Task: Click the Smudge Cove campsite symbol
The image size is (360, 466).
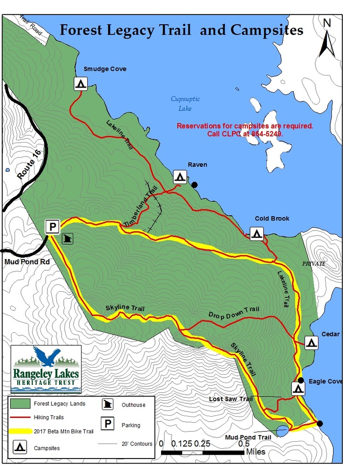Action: click(x=81, y=84)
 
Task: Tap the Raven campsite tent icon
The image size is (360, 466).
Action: click(x=180, y=177)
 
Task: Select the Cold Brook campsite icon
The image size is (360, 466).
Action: click(x=256, y=233)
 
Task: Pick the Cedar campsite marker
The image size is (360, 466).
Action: click(x=312, y=343)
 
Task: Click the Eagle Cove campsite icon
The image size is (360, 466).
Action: click(x=299, y=388)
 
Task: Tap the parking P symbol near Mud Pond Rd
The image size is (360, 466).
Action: click(x=52, y=227)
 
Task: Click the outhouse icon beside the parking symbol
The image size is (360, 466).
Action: click(x=68, y=239)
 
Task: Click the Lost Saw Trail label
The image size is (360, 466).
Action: click(x=231, y=399)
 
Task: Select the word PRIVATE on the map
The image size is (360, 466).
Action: click(x=313, y=264)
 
